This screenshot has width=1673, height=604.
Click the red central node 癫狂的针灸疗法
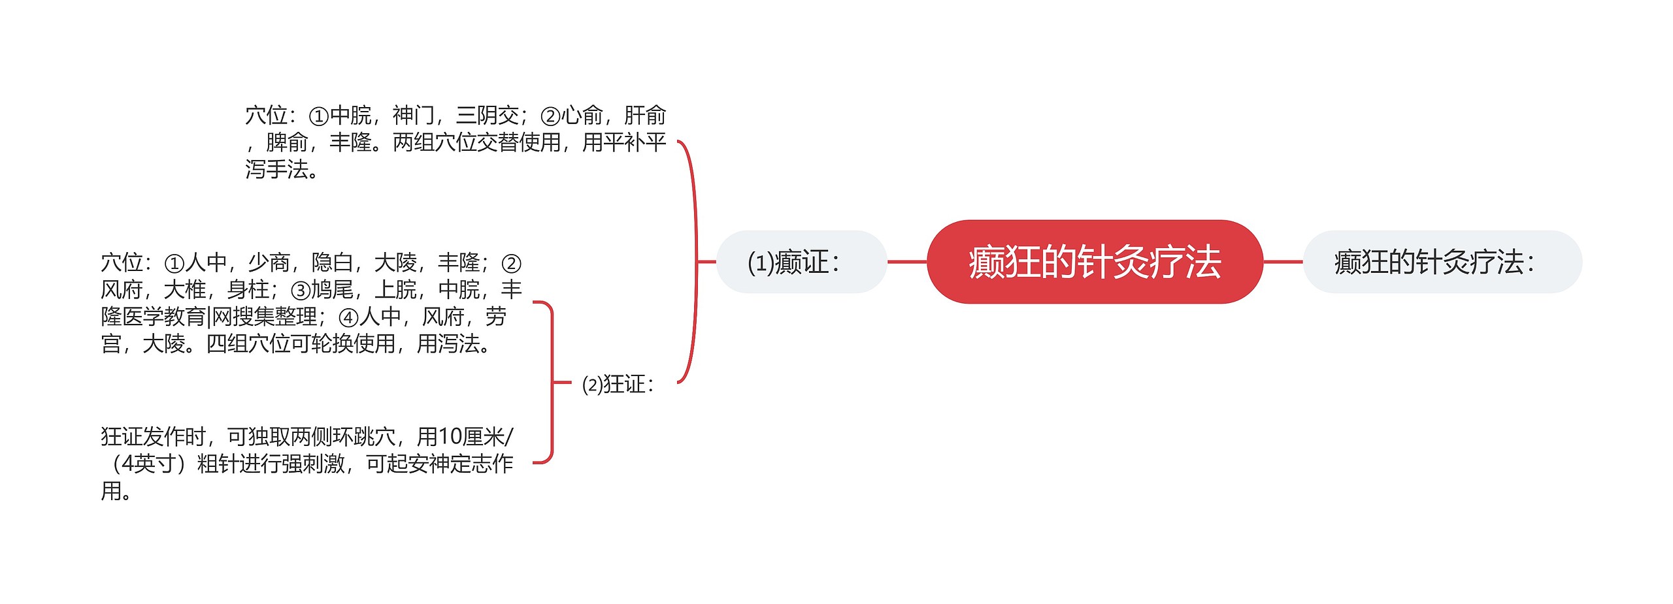[x=1094, y=262]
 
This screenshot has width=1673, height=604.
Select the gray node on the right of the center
[x=1442, y=262]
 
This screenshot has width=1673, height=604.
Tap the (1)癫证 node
[x=801, y=262]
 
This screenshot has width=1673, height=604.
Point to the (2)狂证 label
[x=617, y=384]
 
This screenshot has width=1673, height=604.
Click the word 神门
[x=413, y=116]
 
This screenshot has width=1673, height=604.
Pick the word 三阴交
[x=487, y=116]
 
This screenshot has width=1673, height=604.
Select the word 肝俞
[x=644, y=116]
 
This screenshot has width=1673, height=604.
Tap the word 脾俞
[x=287, y=142]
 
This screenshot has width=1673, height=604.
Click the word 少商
[x=269, y=262]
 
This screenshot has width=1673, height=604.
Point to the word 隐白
[x=332, y=262]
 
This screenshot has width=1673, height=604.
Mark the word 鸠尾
[x=332, y=289]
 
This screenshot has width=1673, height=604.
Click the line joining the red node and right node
[x=1282, y=262]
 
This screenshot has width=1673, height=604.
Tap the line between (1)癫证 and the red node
[x=906, y=262]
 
